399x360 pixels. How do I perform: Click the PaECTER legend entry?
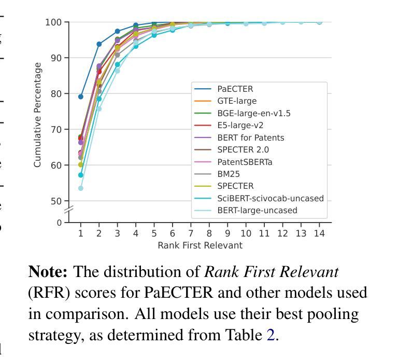235,89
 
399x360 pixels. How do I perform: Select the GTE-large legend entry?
237,101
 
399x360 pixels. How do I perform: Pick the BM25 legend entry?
228,174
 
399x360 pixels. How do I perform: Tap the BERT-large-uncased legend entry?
257,211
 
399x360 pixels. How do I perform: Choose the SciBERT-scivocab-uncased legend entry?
270,199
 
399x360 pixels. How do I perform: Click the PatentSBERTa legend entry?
245,162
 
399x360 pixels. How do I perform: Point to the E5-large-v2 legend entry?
240,126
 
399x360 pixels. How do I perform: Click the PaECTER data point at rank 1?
81,96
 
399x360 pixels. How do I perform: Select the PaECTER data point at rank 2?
99,44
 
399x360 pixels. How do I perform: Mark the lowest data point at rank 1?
81,188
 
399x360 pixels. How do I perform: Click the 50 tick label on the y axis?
56,201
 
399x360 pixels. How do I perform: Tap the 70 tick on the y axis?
56,130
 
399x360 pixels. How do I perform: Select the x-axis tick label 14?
319,233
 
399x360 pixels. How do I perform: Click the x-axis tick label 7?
191,233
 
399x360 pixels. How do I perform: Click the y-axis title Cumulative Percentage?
37,115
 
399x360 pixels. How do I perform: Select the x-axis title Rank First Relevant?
200,245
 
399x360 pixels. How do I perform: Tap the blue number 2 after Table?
270,335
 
